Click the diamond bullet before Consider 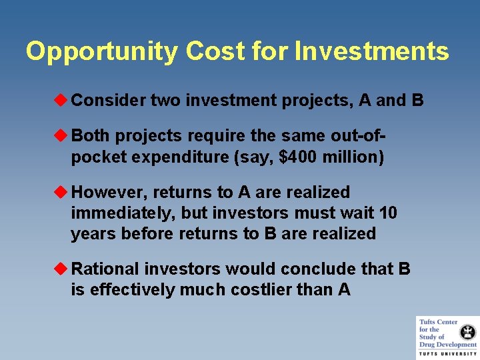point(63,101)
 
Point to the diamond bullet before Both point(63,136)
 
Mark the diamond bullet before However point(63,193)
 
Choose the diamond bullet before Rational point(63,269)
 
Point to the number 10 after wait point(387,213)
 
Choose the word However point(109,193)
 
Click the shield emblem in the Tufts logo point(469,331)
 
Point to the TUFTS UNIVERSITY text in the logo point(447,354)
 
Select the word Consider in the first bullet point(109,101)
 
